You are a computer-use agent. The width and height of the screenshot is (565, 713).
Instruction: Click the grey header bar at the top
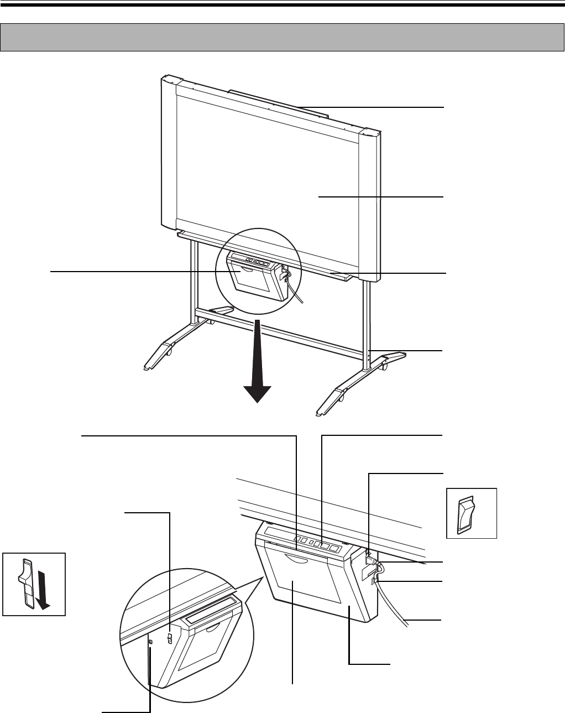pos(282,37)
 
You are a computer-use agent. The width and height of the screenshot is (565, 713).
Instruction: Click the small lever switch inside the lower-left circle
pos(170,639)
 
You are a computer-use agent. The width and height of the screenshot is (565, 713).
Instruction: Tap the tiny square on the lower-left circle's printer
pos(151,641)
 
